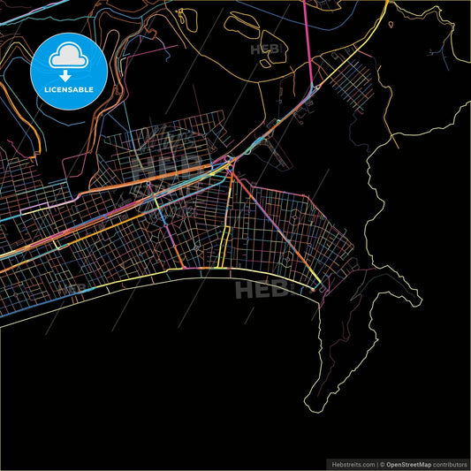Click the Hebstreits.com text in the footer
pos(350,462)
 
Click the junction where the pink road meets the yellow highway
pos(311,88)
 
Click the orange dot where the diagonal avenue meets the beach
pos(314,286)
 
